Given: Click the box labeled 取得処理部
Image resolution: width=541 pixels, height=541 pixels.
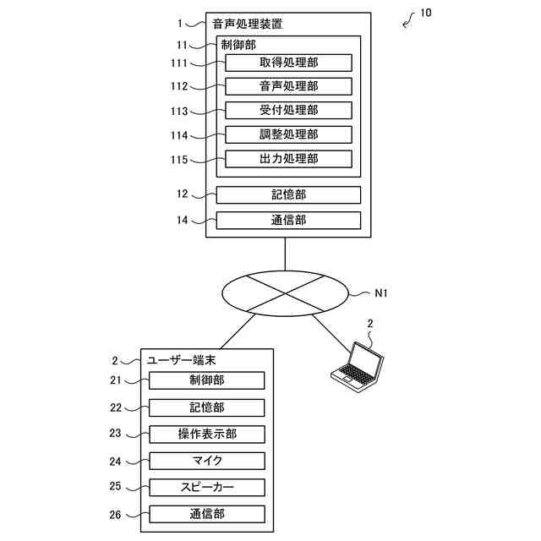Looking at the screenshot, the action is pos(288,63).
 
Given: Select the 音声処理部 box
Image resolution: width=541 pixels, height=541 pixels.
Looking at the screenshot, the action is pos(288,86).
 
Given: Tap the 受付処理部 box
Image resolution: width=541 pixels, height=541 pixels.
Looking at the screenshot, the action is pos(288,111).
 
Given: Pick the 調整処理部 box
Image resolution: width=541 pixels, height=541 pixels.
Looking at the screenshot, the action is pos(288,134).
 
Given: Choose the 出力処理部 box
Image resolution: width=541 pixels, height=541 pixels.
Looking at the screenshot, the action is pos(288,159).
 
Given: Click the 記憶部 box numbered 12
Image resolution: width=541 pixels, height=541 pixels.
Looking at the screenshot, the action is pos(288,195).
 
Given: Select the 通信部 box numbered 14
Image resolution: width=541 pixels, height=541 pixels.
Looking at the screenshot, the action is pos(288,221).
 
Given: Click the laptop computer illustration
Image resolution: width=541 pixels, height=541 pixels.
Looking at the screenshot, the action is pos(358,367).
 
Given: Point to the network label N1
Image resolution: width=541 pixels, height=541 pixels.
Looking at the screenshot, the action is pos(381,293).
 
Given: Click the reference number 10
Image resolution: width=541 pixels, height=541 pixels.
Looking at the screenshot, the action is pos(426,14).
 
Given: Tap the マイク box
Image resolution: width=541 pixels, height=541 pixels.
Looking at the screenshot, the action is pos(207,461).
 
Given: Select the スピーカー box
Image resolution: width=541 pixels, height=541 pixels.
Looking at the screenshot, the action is pos(207,488).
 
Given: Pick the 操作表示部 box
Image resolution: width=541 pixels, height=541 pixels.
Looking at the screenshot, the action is pos(207,434).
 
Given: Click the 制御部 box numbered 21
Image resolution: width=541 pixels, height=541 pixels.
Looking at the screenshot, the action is pos(207,380).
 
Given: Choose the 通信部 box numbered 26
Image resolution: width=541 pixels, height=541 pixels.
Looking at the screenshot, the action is pos(207,515).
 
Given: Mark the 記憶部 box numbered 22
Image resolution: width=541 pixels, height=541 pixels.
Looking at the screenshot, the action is pos(207,407).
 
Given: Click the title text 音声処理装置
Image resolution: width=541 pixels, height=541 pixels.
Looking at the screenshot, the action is pos(248,24).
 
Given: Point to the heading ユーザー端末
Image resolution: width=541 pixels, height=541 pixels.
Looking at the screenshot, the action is pos(182,361).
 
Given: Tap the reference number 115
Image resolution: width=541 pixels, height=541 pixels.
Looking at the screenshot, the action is pos(179,160).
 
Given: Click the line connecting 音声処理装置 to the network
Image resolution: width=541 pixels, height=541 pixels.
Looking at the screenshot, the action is pos(285,254).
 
